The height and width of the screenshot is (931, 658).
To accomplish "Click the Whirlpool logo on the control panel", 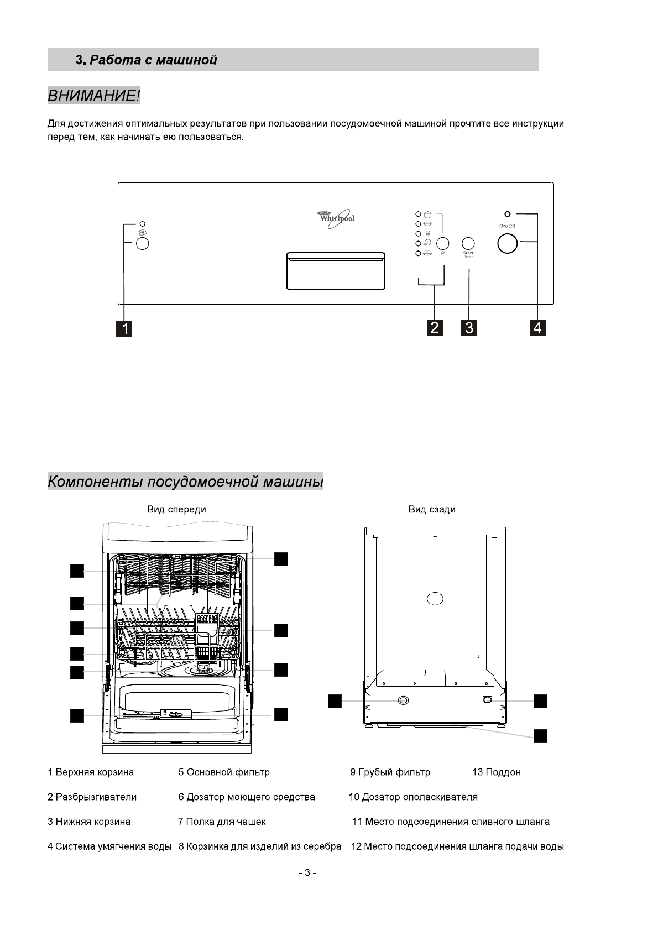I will (336, 217).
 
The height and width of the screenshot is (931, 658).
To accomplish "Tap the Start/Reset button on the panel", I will (468, 243).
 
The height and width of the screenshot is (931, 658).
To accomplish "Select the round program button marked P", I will (442, 243).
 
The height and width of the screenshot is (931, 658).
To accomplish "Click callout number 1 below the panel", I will (126, 328).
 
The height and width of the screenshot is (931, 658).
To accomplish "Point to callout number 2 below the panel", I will (435, 327).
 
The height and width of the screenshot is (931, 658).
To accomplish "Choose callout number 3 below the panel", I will (469, 328).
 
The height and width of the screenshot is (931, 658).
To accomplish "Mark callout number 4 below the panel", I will (537, 327).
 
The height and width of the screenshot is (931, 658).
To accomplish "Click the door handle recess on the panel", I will (336, 271).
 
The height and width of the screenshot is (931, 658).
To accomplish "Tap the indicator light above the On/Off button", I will (507, 213).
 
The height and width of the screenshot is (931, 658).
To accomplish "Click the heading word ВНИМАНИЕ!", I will (93, 96).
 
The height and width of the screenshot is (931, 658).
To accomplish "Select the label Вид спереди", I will (176, 509).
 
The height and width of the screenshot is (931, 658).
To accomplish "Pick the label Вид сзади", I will (432, 509).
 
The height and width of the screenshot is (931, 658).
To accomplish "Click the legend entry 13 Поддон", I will (496, 772).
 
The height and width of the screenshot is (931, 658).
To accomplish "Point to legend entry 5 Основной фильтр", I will (224, 772).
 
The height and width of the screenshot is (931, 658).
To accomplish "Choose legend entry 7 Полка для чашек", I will (222, 822).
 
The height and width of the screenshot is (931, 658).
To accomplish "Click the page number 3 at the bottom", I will (307, 873).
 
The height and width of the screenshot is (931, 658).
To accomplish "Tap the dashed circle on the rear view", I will (435, 599).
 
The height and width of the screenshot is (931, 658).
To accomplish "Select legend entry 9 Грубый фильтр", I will (390, 772).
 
